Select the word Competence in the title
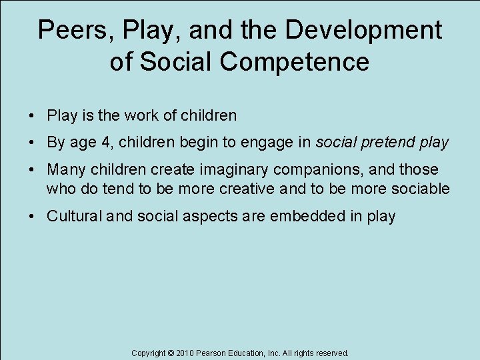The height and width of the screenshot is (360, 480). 293,62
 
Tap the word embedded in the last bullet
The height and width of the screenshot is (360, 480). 315,216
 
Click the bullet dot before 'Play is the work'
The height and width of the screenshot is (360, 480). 31,116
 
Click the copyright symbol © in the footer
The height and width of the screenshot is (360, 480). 170,353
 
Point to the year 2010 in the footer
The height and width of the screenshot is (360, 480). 185,353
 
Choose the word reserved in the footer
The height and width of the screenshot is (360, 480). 331,353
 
